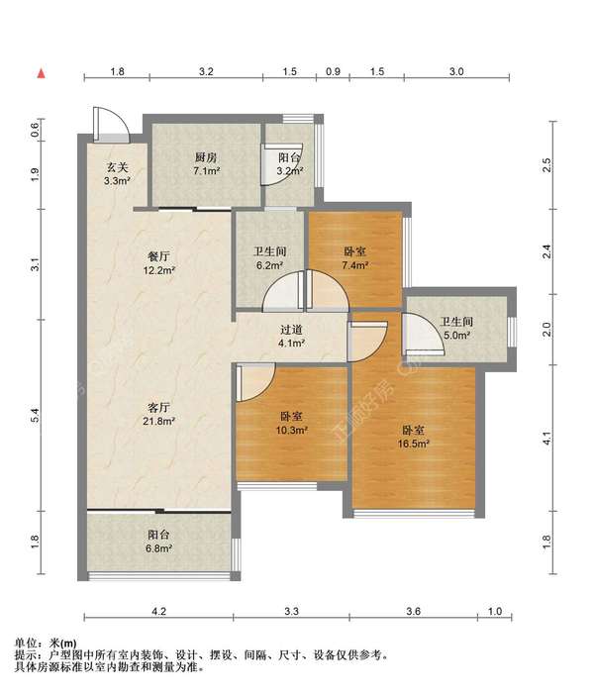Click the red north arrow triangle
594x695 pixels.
(42, 73)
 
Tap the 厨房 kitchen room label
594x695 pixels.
(206, 157)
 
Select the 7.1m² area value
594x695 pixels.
(207, 170)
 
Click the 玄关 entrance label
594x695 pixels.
(117, 167)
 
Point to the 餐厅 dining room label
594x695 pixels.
(158, 256)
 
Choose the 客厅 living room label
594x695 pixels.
(158, 407)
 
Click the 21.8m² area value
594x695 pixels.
(158, 421)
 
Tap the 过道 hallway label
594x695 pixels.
(291, 330)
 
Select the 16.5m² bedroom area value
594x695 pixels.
(414, 444)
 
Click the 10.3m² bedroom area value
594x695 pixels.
(292, 430)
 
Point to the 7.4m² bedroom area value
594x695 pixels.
(355, 265)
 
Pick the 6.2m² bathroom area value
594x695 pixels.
(269, 265)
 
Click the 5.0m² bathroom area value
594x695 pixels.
(457, 335)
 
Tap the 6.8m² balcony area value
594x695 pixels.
(158, 548)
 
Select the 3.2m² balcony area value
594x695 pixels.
(290, 170)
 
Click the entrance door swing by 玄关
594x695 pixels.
(111, 125)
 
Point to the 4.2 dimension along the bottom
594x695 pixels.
(158, 612)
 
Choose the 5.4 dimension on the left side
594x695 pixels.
(36, 415)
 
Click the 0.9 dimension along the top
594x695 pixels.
(333, 71)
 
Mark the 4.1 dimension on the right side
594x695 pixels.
(547, 439)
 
